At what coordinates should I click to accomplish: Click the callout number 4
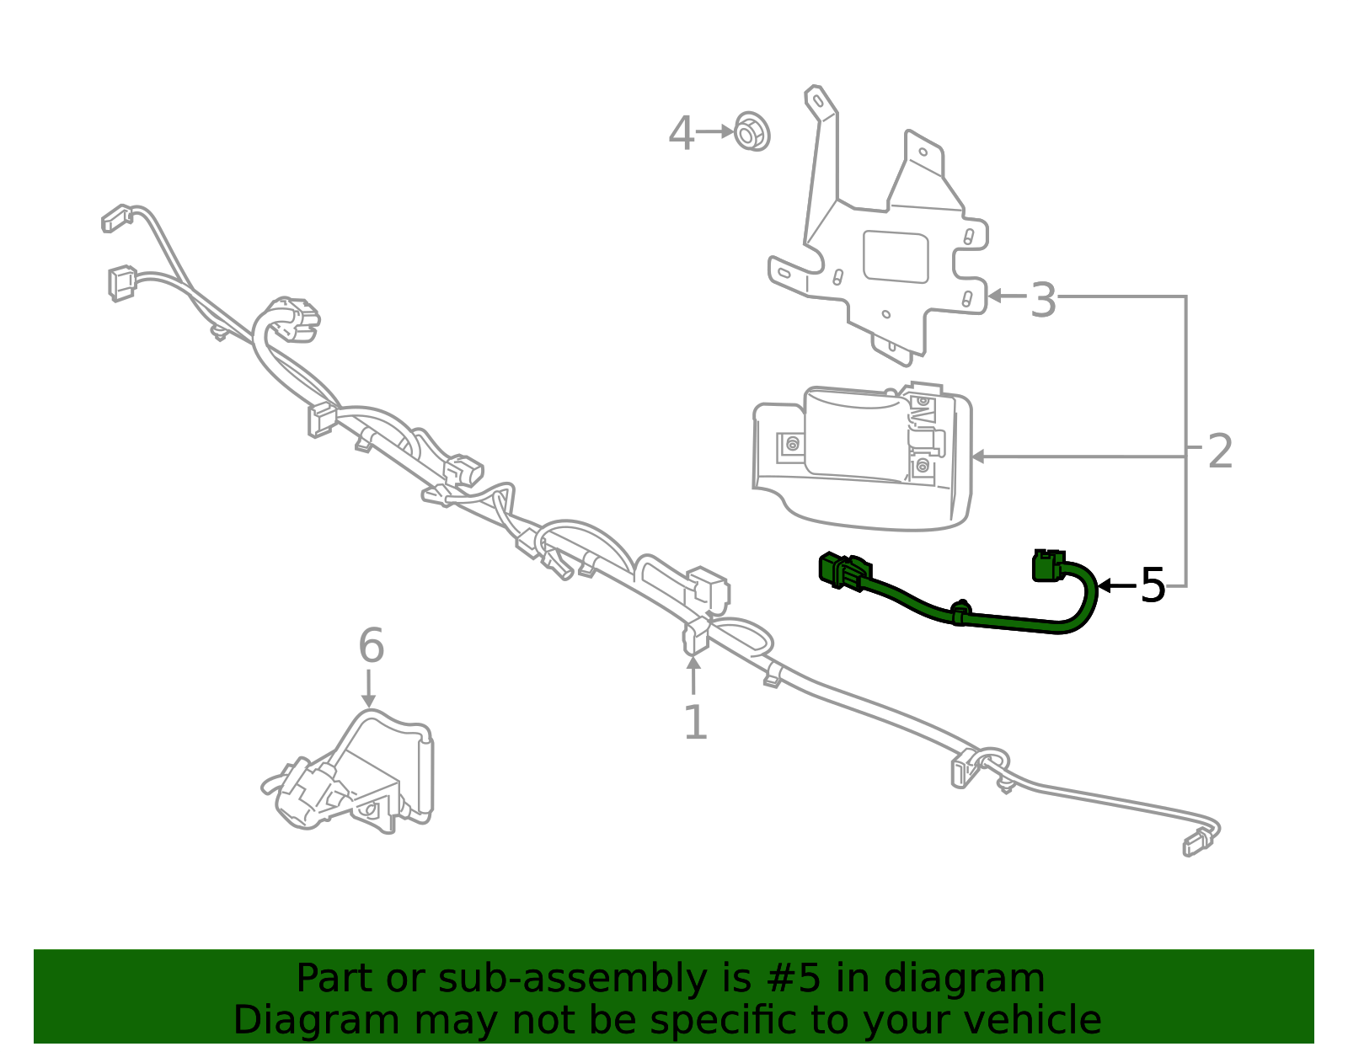point(681,133)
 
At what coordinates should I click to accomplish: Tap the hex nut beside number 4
point(752,131)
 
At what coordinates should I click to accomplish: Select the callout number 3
point(1043,300)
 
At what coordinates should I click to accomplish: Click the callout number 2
point(1220,451)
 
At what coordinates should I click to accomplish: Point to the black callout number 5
point(1153,585)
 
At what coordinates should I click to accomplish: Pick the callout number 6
point(372,644)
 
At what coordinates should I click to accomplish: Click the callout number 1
point(695,722)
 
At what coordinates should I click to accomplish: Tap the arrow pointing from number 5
point(1116,585)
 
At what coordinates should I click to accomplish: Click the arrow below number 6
point(368,688)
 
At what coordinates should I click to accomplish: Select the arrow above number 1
point(693,676)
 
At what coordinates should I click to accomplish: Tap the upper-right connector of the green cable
point(1049,565)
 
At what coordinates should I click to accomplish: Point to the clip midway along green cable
point(960,612)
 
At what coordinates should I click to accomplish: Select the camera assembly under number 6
point(348,772)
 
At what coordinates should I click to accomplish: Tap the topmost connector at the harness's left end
point(117,218)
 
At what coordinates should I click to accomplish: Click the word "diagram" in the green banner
point(963,979)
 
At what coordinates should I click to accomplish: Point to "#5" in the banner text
point(794,979)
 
